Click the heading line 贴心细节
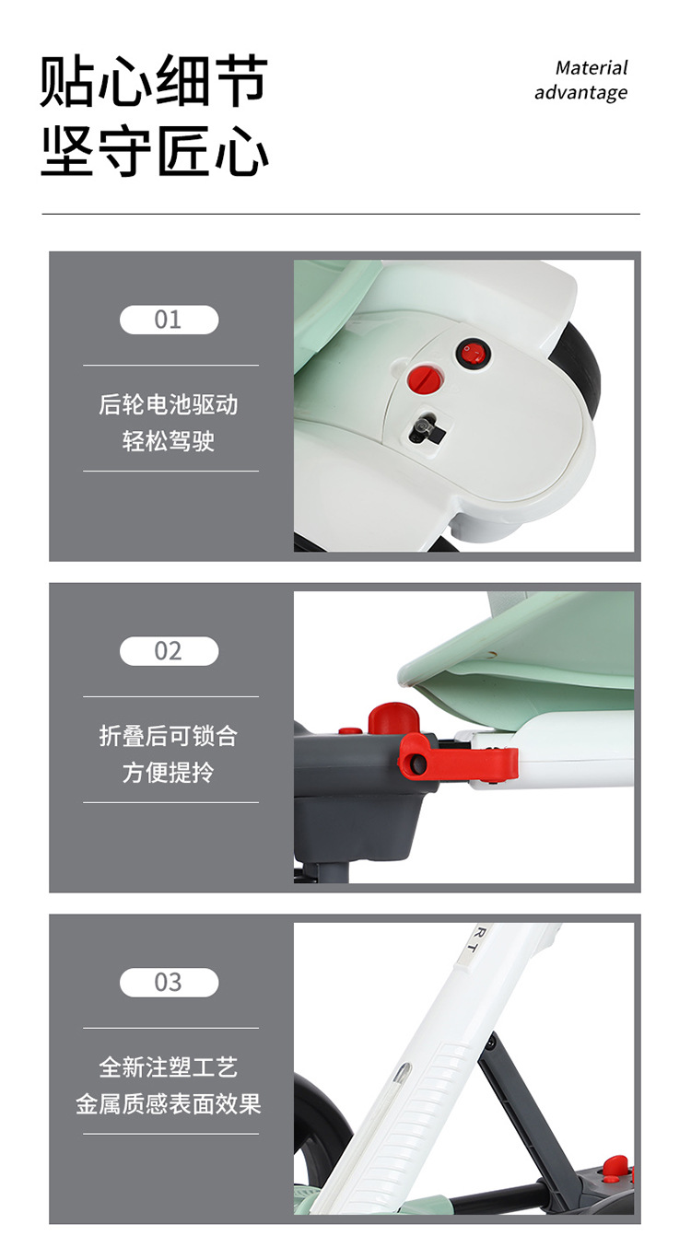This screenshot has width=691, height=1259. pyautogui.click(x=154, y=81)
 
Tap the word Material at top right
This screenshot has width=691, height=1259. pyautogui.click(x=591, y=68)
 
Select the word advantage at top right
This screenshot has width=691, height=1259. pyautogui.click(x=580, y=92)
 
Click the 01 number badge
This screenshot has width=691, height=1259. pyautogui.click(x=169, y=320)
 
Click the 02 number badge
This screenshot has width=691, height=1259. pyautogui.click(x=169, y=651)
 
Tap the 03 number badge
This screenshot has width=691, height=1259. pyautogui.click(x=169, y=982)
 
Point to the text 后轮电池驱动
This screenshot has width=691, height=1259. pyautogui.click(x=169, y=404)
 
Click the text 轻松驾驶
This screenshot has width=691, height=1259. pyautogui.click(x=169, y=441)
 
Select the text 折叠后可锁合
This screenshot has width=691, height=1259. pyautogui.click(x=169, y=736)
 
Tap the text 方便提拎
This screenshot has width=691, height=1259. pyautogui.click(x=169, y=773)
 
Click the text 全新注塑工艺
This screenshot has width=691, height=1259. pyautogui.click(x=169, y=1067)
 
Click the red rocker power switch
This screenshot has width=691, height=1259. pyautogui.click(x=473, y=354)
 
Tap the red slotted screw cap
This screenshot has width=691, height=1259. pyautogui.click(x=425, y=379)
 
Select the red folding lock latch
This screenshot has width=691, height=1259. pyautogui.click(x=457, y=754)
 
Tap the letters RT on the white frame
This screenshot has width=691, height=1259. pyautogui.click(x=471, y=944)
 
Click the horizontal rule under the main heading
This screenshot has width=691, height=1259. pyautogui.click(x=341, y=215)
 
